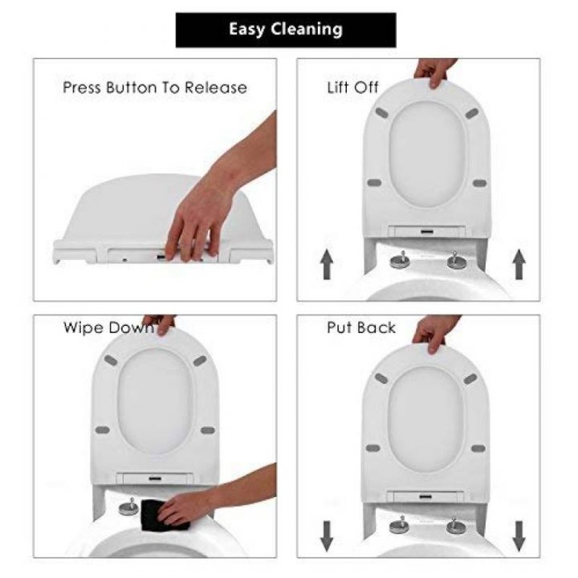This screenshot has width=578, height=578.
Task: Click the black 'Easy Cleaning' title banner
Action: [286, 30]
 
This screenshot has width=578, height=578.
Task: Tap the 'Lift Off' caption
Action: [352, 87]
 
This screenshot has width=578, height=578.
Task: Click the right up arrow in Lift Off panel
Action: [519, 264]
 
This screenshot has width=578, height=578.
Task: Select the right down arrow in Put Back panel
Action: [519, 533]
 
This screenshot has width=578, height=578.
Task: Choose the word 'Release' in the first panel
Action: [216, 88]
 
